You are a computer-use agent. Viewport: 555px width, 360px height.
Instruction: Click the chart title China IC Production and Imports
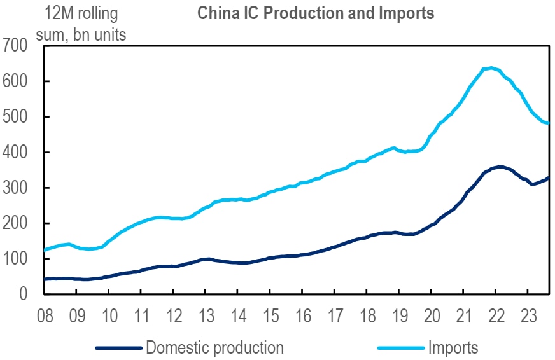316,13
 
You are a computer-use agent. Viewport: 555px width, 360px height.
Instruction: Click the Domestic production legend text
214,347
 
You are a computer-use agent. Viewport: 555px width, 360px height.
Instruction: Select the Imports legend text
453,347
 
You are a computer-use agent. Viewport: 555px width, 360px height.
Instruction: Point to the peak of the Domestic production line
500,167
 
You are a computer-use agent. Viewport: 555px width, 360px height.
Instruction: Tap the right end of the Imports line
549,123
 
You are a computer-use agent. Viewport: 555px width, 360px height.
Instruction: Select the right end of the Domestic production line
549,177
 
